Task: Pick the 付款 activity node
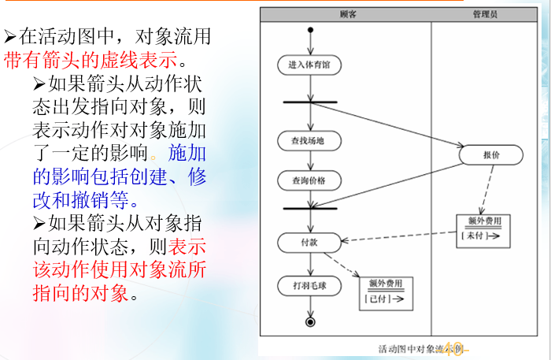pos(310,242)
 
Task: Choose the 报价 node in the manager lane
pos(491,155)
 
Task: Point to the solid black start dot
pos(311,32)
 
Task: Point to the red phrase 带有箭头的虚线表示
pos(94,58)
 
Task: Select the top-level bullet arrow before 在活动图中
pos(10,36)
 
